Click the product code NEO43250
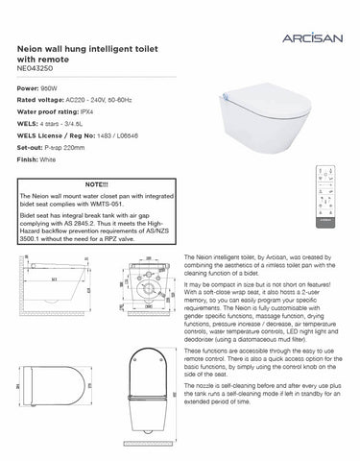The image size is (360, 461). [36, 69]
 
